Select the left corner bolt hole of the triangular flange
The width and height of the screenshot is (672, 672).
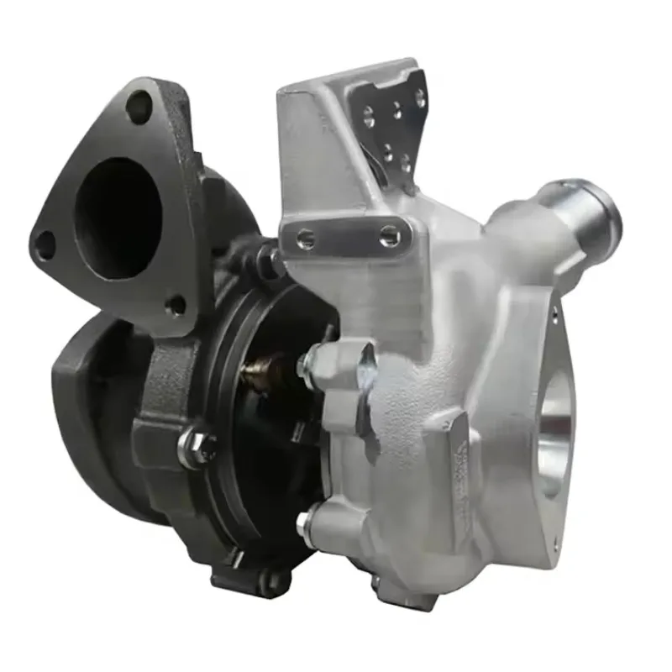pos(44,243)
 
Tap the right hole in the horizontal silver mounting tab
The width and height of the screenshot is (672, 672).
pos(389,236)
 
